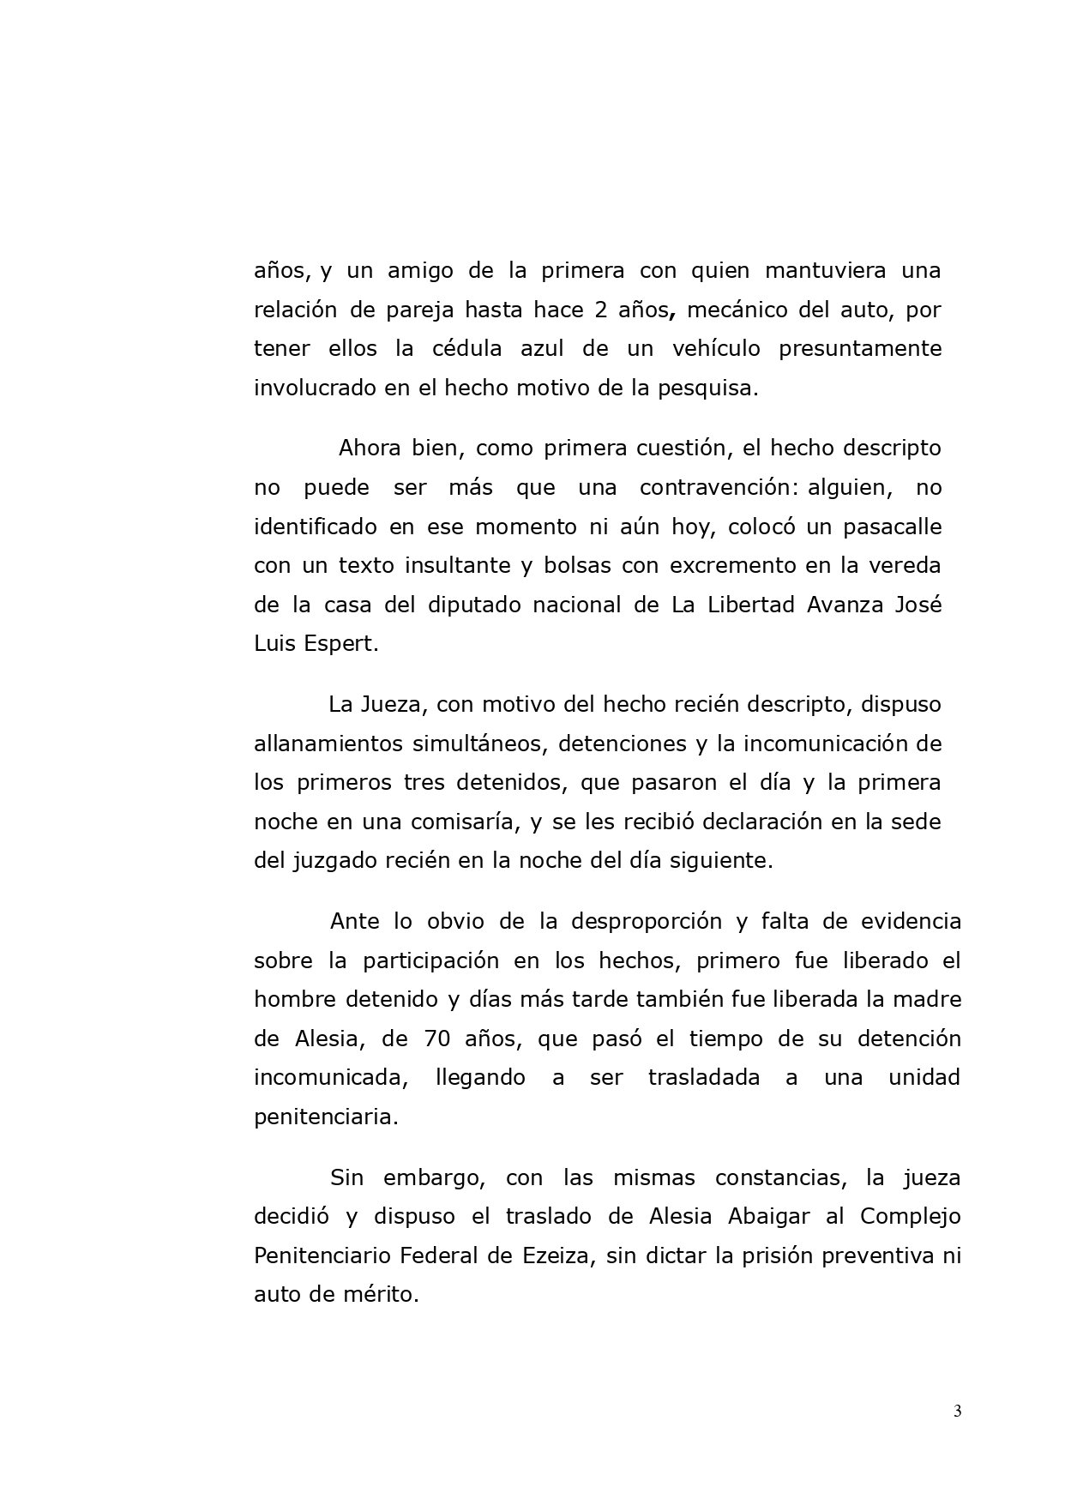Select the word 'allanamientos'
[328, 743]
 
